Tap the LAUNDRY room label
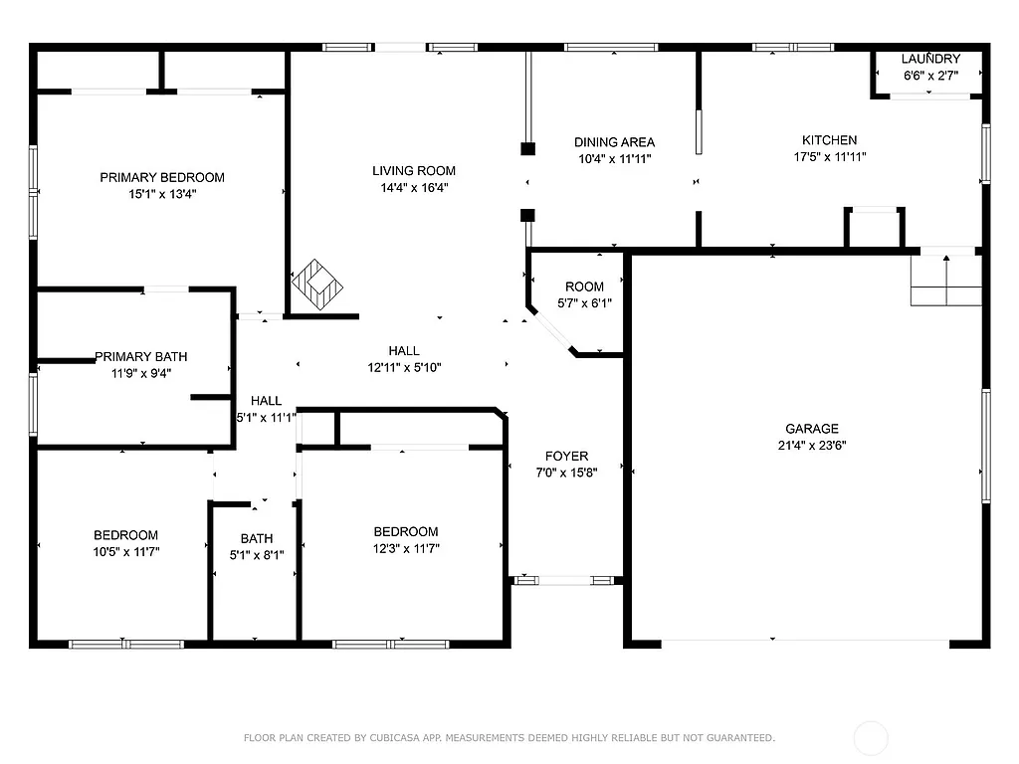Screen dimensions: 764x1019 (x=931, y=59)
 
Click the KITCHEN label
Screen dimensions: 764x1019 (x=830, y=140)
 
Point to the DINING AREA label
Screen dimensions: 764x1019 (x=614, y=142)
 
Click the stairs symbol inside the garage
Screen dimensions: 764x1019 (x=946, y=282)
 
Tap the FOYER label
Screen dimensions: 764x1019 (x=567, y=457)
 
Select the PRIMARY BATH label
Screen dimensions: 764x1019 (x=140, y=356)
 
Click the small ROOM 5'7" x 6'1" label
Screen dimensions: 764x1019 (x=584, y=287)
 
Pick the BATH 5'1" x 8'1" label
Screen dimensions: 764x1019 (x=256, y=540)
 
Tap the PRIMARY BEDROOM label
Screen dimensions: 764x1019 (x=162, y=177)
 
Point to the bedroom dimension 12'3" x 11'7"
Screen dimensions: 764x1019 (x=406, y=548)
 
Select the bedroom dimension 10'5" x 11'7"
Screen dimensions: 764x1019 (x=126, y=551)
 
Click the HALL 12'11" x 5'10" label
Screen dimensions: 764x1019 (x=404, y=350)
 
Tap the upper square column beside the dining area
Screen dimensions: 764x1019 (x=527, y=149)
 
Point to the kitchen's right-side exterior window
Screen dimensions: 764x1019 (x=986, y=153)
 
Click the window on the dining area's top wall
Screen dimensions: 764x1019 (x=611, y=47)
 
